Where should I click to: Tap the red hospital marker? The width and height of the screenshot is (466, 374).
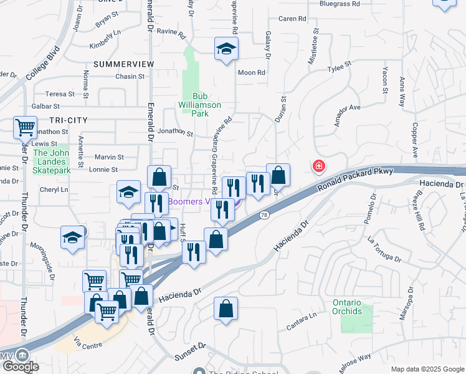(x=318, y=166)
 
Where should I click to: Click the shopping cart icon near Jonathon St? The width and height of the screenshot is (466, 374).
(x=26, y=128)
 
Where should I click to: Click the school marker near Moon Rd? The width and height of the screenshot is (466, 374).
(x=226, y=49)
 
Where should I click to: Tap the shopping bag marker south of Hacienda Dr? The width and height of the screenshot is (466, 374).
(x=226, y=309)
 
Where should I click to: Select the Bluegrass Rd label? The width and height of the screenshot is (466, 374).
(x=340, y=4)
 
